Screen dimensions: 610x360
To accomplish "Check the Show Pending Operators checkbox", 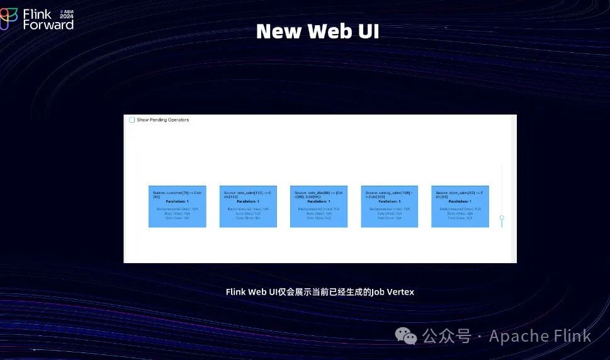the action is click(x=132, y=120).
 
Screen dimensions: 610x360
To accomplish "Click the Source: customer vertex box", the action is click(x=177, y=206).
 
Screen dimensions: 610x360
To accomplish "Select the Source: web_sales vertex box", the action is click(x=248, y=206).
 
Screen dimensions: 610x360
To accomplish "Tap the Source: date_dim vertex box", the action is click(x=319, y=206).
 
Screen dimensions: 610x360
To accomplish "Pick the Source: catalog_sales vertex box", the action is click(x=389, y=206).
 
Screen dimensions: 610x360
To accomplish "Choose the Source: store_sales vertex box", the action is click(x=460, y=206).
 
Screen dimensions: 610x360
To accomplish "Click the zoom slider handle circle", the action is click(x=502, y=218).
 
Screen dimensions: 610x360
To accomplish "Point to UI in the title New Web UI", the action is click(x=368, y=31).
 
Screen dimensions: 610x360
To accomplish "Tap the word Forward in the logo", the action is click(x=48, y=25).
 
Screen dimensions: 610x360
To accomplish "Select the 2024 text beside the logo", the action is click(x=67, y=16).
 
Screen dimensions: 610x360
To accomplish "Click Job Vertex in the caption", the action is click(x=393, y=292).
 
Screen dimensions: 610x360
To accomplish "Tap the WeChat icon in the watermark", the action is click(x=410, y=337).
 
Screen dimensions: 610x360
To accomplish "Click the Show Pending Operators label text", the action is click(x=162, y=120).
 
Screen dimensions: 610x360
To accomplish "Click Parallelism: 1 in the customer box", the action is click(x=177, y=201).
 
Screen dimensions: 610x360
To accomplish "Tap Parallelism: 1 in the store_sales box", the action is click(x=460, y=201).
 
